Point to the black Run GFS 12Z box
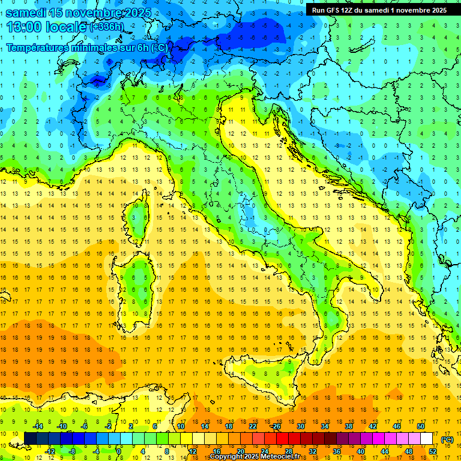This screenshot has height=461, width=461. (x=379, y=10)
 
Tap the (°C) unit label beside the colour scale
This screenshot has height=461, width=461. (x=447, y=439)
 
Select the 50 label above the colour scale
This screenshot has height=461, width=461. (x=420, y=426)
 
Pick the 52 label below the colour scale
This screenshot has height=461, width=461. (x=432, y=451)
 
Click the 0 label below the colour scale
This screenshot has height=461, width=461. (x=119, y=451)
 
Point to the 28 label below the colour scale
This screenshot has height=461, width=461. (x=289, y=451)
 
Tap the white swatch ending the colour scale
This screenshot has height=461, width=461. (x=426, y=438)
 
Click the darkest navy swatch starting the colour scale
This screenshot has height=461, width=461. (x=30, y=438)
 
